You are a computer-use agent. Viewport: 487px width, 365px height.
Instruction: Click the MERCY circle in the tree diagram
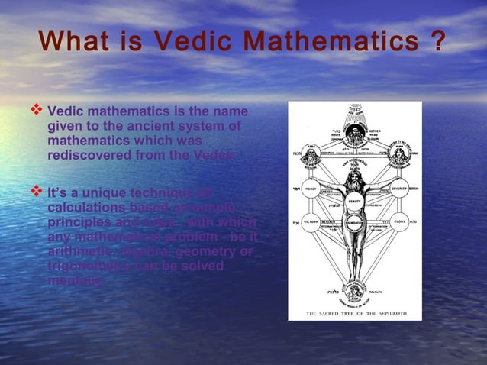(311, 190)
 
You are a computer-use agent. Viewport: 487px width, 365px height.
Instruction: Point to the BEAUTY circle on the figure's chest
(354, 201)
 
